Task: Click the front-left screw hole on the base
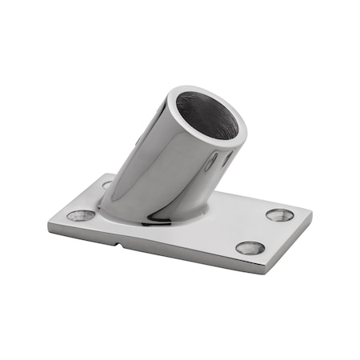tap(81, 214)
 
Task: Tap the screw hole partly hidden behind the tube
tap(107, 185)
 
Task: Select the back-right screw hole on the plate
tap(279, 214)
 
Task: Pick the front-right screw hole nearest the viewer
tap(250, 247)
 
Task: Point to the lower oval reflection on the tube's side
tap(210, 166)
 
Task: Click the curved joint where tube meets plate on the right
tap(202, 210)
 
